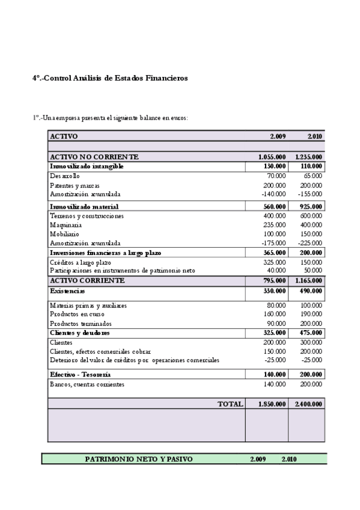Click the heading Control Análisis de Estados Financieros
point(110,78)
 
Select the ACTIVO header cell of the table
point(64,137)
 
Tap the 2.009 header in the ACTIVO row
point(277,137)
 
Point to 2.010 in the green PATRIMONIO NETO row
point(288,459)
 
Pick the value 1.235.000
point(308,157)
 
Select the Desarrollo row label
point(64,176)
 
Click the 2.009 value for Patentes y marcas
point(275,186)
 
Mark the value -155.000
point(310,194)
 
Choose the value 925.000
point(311,206)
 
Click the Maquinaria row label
point(66,225)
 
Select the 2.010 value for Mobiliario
point(311,234)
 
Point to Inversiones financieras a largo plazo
point(105,253)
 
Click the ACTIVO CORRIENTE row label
point(87,281)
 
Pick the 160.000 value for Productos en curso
point(275,314)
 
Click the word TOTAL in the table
point(230,404)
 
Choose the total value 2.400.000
point(308,404)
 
